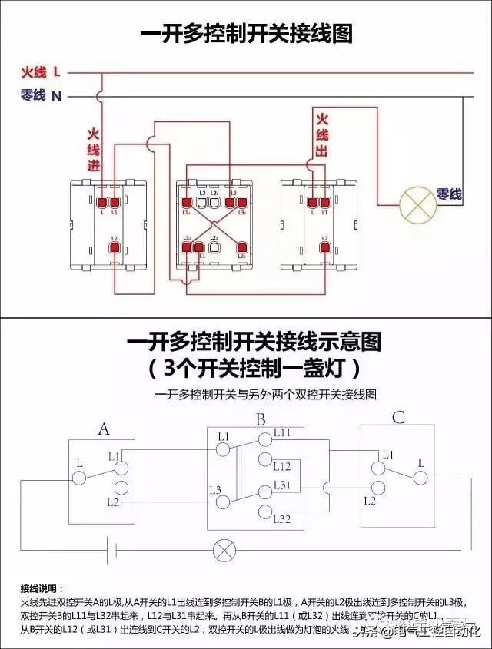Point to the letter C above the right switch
[x=398, y=418]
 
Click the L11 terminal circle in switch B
[x=265, y=435]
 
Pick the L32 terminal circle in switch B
[x=265, y=512]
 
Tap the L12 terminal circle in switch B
[x=265, y=459]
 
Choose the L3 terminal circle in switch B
[x=223, y=502]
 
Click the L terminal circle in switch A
[x=78, y=478]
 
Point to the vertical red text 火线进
[x=94, y=151]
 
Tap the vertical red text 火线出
[x=322, y=135]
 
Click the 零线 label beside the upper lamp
[x=449, y=195]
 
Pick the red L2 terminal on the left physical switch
[x=113, y=247]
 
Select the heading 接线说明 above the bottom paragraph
[x=43, y=588]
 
